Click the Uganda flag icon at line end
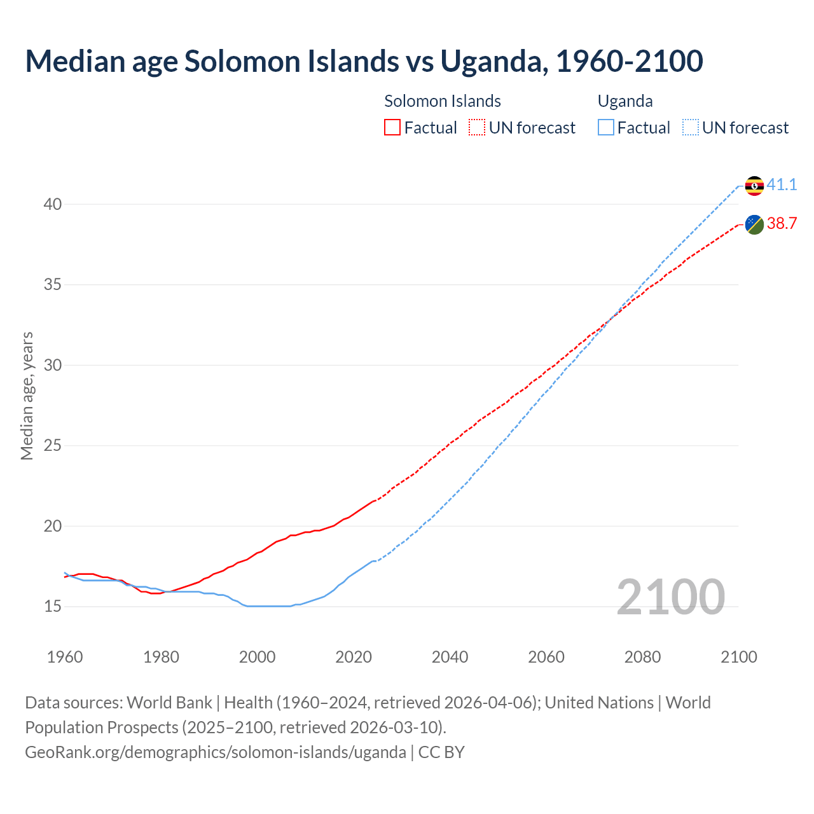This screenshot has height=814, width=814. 754,186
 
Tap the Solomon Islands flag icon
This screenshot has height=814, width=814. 754,224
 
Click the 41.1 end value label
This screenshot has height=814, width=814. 782,185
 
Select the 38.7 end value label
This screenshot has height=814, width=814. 782,224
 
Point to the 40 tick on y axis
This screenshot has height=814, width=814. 53,204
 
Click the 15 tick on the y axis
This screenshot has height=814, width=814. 53,607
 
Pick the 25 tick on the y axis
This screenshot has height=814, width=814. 53,446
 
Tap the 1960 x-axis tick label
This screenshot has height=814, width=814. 65,657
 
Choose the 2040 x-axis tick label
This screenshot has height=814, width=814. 450,657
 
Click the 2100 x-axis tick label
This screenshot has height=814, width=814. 738,657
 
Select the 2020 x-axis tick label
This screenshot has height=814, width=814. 354,657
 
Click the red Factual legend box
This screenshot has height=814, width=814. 392,128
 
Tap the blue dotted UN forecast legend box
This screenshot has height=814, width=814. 691,128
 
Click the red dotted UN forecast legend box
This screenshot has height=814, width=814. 477,128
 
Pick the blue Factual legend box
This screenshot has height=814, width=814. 606,128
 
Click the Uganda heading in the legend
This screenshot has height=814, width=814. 625,102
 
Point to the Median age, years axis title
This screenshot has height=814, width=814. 27,396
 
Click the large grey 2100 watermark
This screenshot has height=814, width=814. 670,597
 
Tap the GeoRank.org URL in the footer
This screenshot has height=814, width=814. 215,752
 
